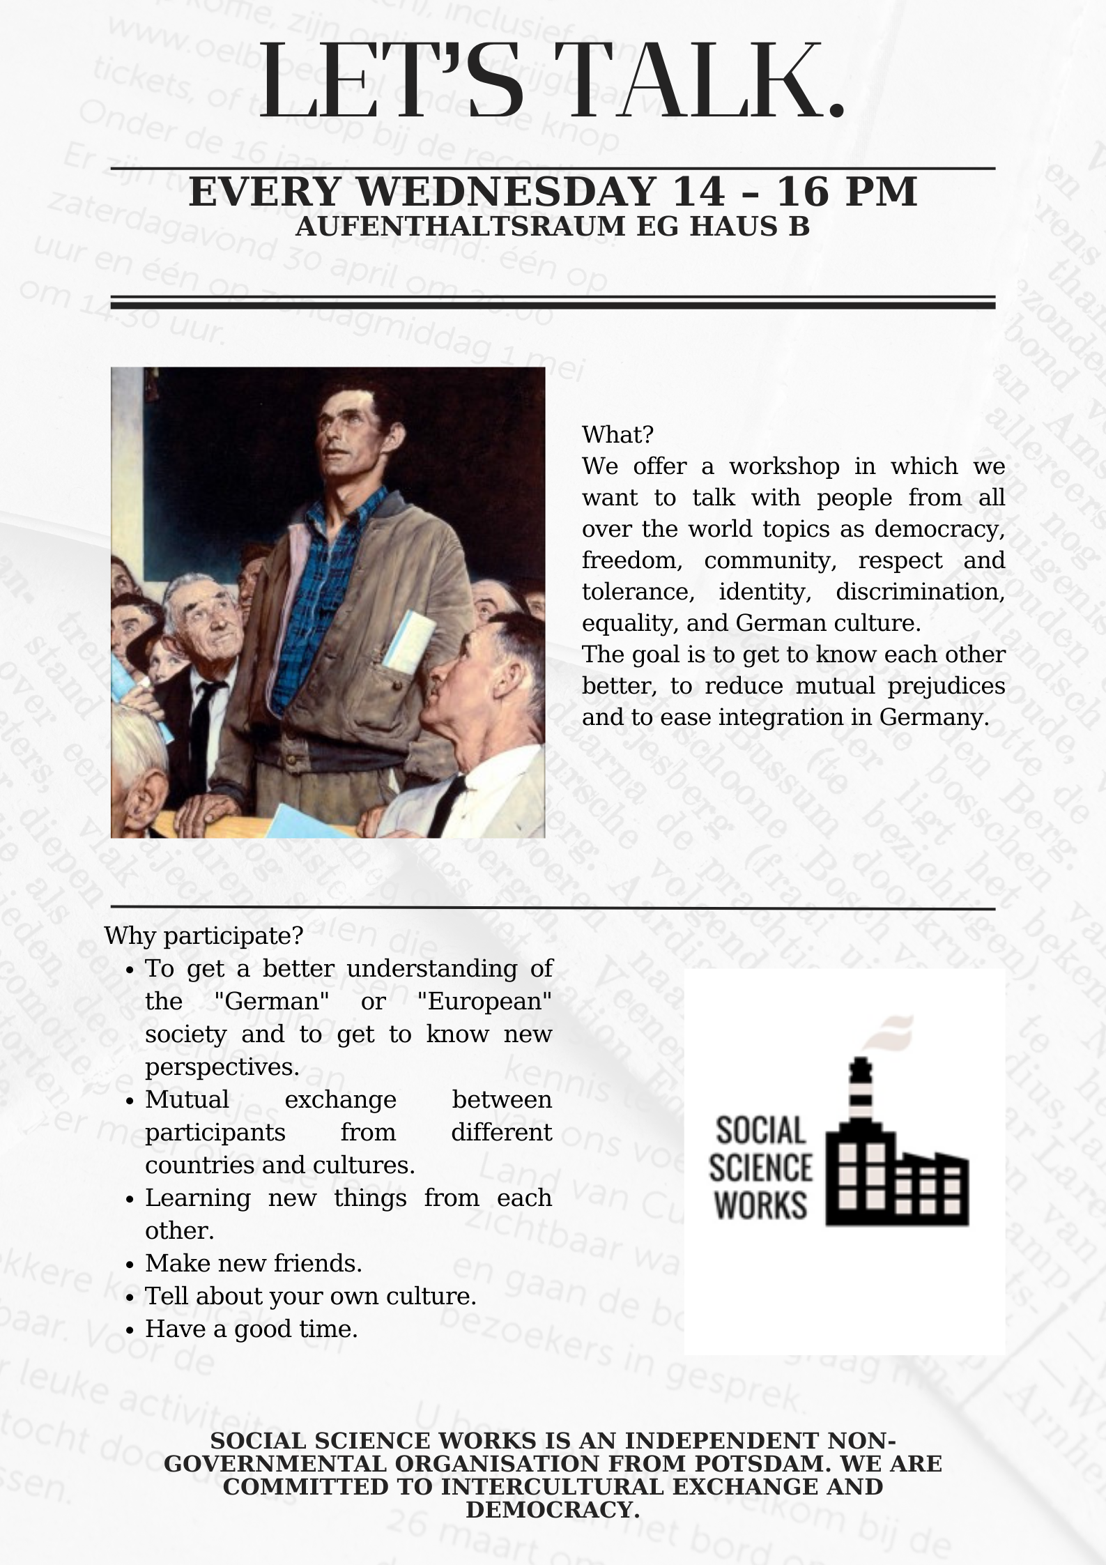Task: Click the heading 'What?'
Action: click(617, 434)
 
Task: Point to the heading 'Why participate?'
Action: click(203, 935)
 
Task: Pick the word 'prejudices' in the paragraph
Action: click(946, 686)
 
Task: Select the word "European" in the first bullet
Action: click(484, 1001)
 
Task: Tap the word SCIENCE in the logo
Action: click(760, 1168)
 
